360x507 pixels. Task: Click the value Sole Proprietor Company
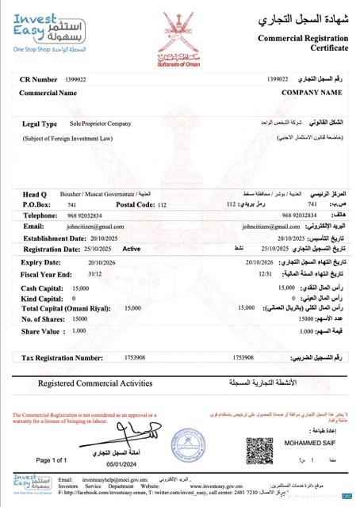point(98,124)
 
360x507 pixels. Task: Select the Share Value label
point(41,331)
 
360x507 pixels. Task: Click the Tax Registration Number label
point(63,357)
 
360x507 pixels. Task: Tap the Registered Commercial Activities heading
point(95,383)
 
